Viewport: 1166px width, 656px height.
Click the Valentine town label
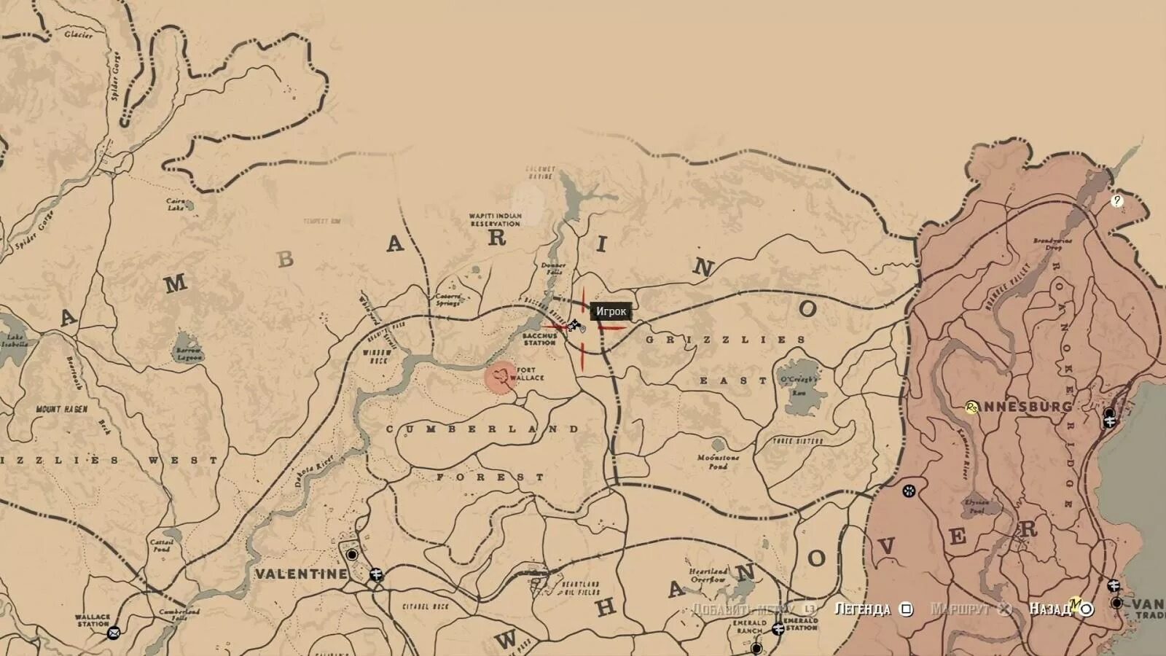(301, 574)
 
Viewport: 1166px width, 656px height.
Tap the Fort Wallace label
(527, 374)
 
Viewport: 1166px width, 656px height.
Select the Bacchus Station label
(539, 339)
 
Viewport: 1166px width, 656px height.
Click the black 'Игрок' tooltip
(611, 311)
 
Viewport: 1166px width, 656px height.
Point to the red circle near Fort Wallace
(501, 378)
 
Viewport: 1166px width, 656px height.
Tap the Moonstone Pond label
(719, 461)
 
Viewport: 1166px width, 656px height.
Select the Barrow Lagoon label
(188, 354)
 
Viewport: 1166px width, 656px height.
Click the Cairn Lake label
(176, 204)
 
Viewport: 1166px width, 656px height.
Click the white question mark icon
(1117, 200)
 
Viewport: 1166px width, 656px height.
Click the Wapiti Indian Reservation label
(496, 219)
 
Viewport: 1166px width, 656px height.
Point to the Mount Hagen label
(61, 410)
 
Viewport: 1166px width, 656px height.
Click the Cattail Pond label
(161, 545)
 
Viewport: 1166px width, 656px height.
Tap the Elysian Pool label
(977, 507)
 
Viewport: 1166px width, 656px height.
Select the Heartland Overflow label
(708, 575)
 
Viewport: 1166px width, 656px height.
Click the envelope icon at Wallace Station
(114, 633)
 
